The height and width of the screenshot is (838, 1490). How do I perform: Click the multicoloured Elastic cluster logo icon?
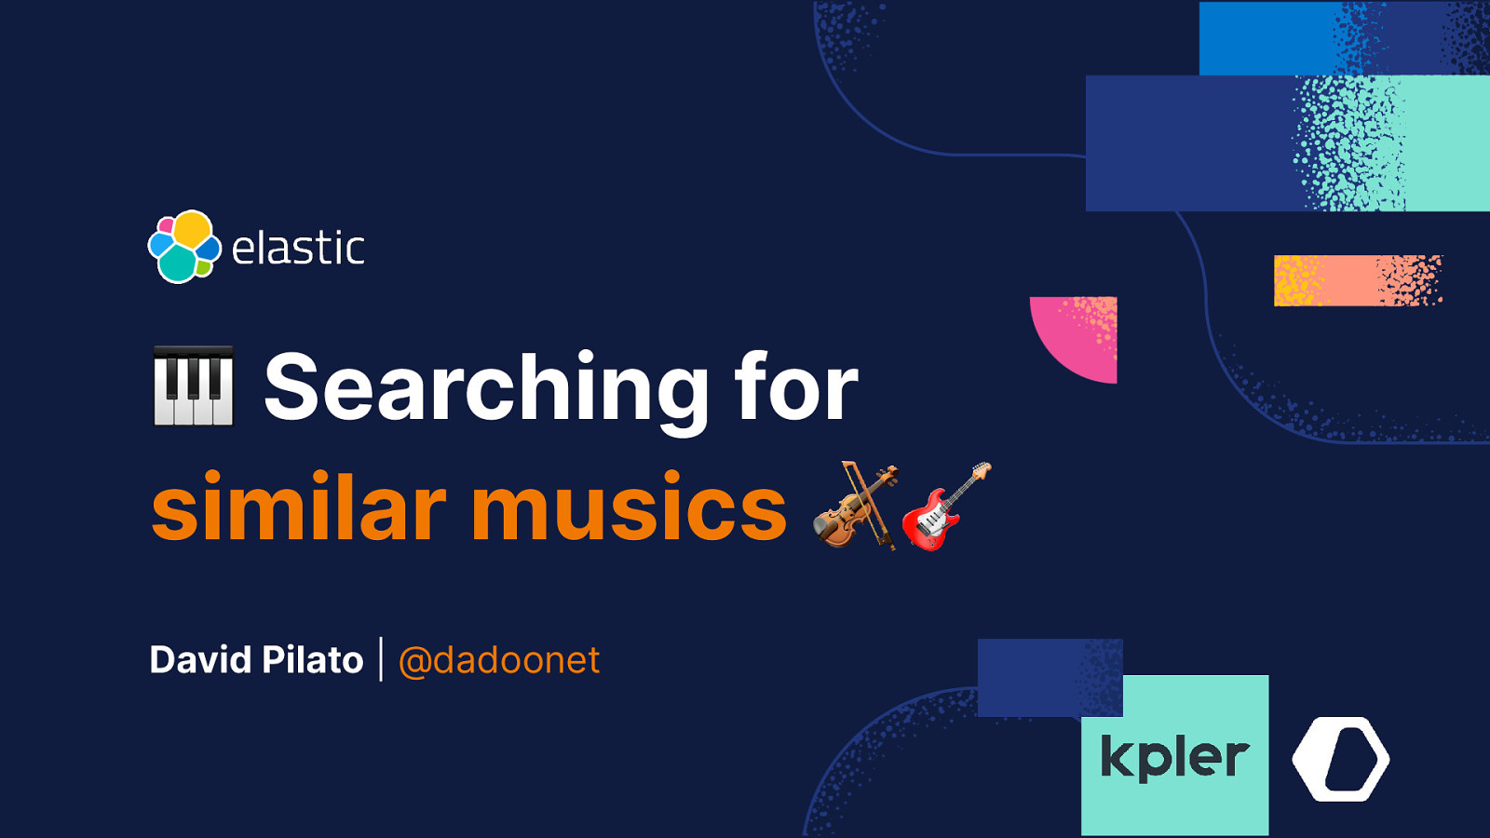coord(184,247)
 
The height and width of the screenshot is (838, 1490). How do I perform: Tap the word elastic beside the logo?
coord(298,249)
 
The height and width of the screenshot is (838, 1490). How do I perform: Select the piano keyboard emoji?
coord(193,386)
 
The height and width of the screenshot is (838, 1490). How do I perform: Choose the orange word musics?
coord(630,508)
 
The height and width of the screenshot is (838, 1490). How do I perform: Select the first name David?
coord(201,660)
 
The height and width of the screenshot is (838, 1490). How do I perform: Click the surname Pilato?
coord(313,660)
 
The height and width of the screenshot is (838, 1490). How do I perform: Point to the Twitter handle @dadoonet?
coord(499,660)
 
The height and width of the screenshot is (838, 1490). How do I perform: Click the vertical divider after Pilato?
coord(381,659)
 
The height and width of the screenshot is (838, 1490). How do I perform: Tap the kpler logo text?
coord(1174,756)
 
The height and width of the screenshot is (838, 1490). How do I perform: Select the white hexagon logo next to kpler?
coord(1341,759)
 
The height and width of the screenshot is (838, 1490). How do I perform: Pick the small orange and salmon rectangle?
coord(1357,280)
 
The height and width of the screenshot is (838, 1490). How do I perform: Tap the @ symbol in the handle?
coord(414,662)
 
